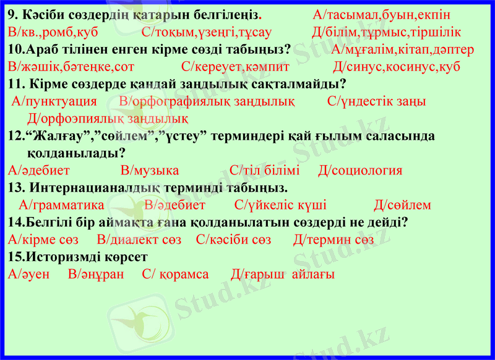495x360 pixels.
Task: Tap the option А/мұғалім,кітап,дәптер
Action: (x=402, y=49)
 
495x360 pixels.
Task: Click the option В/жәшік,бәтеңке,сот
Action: (x=72, y=66)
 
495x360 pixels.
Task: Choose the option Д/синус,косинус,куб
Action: (x=396, y=66)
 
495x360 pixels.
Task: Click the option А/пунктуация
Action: (x=54, y=101)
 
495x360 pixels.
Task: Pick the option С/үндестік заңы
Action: (x=376, y=101)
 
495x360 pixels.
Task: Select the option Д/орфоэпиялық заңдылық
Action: (x=108, y=118)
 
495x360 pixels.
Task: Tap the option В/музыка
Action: (x=150, y=171)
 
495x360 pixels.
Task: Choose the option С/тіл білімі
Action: (x=264, y=171)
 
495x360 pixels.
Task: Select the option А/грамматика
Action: (x=62, y=205)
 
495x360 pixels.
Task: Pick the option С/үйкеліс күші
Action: (x=281, y=205)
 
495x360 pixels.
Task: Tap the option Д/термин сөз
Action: (x=334, y=239)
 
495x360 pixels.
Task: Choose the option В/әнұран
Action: (x=96, y=274)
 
